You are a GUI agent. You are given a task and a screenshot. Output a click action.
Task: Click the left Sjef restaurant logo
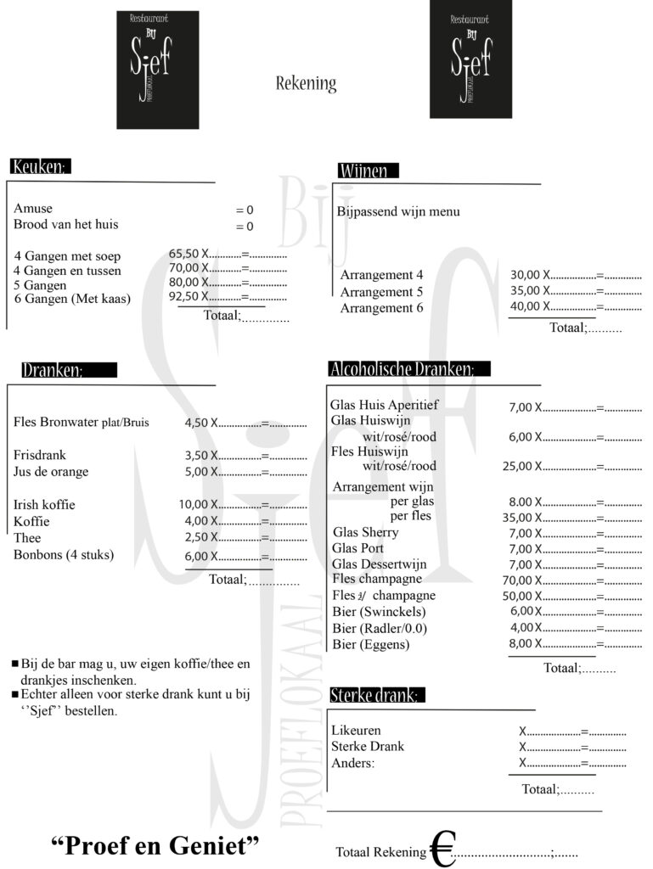click(x=157, y=70)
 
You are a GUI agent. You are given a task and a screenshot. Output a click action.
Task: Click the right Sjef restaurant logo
click(x=470, y=59)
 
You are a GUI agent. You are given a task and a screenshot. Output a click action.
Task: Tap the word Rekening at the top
click(x=306, y=84)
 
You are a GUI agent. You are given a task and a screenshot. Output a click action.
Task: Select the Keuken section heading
click(x=40, y=167)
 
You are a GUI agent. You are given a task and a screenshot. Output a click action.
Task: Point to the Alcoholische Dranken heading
click(x=408, y=369)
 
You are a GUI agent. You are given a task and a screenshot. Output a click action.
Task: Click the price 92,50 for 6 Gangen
click(x=183, y=296)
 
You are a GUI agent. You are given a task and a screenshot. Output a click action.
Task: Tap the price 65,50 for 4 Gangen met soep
click(x=183, y=253)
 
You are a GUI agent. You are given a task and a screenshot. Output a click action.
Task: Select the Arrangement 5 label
click(x=381, y=292)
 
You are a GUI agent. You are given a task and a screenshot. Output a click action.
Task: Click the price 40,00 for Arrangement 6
click(x=526, y=306)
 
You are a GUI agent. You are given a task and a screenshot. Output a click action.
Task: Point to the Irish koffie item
click(x=44, y=505)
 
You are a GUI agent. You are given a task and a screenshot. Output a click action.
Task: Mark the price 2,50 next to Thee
click(x=196, y=538)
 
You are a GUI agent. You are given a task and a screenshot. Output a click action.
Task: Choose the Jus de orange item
click(x=51, y=472)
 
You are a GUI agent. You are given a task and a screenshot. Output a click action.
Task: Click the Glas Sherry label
click(x=365, y=533)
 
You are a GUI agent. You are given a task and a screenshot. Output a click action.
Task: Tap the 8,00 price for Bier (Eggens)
click(x=520, y=643)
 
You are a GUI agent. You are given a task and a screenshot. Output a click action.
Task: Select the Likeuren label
click(x=356, y=731)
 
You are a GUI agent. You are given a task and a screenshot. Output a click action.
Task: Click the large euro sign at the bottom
click(x=442, y=849)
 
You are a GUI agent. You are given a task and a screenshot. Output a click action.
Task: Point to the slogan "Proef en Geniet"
click(x=155, y=846)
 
